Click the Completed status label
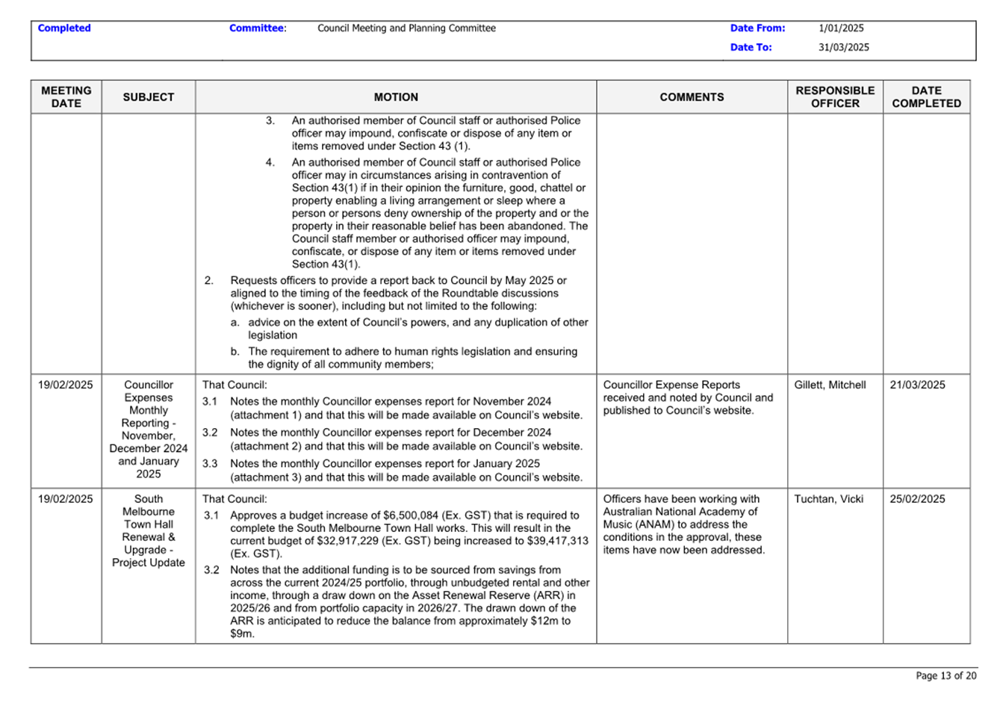(64, 28)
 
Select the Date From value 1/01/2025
(841, 28)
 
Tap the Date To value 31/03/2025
(843, 47)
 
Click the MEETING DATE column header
(66, 97)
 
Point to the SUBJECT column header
(148, 97)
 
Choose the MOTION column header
(396, 97)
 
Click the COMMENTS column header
(692, 97)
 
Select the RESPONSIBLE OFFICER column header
(835, 97)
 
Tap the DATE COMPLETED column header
(926, 97)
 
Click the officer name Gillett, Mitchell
(830, 385)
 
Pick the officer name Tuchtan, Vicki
(828, 499)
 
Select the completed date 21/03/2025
(917, 385)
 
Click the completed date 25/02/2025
(917, 499)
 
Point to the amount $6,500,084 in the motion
(414, 515)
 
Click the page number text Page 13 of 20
(946, 676)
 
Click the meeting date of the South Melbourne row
(66, 499)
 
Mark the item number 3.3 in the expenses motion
(210, 464)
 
